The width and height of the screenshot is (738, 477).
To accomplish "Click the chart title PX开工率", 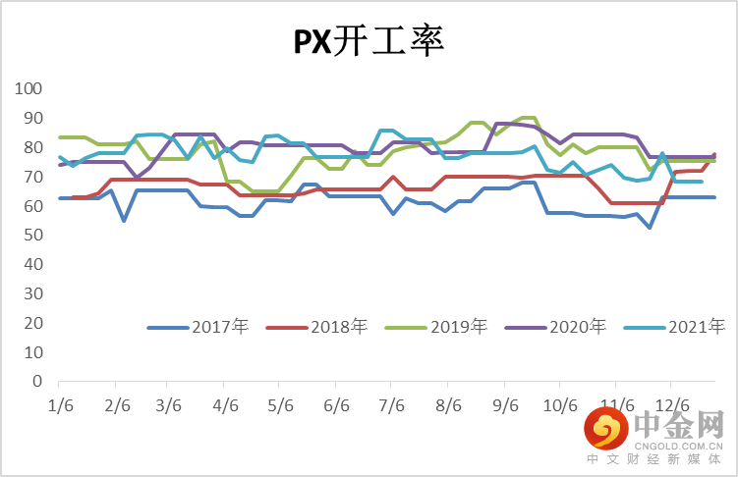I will click(369, 40).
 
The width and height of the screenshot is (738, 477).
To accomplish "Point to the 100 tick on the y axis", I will click(29, 89).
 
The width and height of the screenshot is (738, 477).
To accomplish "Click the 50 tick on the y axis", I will click(33, 236).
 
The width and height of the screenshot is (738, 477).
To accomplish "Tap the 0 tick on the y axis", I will click(38, 382).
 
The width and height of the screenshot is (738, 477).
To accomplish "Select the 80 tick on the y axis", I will click(33, 147).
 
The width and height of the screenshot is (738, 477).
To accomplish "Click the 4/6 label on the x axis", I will click(225, 404).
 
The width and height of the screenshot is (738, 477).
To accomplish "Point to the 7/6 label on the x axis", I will click(392, 404).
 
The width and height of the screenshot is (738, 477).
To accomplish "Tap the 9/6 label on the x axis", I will click(504, 404).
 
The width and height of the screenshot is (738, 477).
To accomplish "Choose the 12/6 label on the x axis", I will click(673, 404).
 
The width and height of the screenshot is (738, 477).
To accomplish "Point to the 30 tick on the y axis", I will click(33, 293).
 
